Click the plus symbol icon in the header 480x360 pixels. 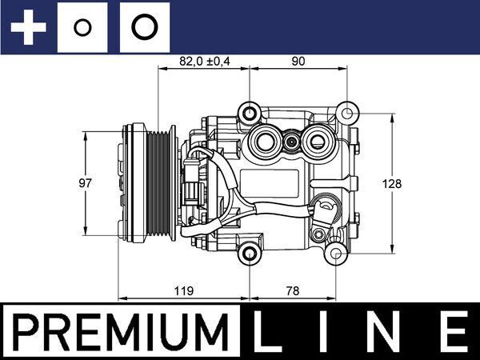point(30,28)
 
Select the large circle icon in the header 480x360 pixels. point(144,28)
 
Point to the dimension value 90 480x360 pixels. point(298,60)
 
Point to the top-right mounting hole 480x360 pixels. point(346,112)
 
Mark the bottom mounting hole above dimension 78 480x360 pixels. point(252,254)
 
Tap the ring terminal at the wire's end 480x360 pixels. point(327,210)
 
